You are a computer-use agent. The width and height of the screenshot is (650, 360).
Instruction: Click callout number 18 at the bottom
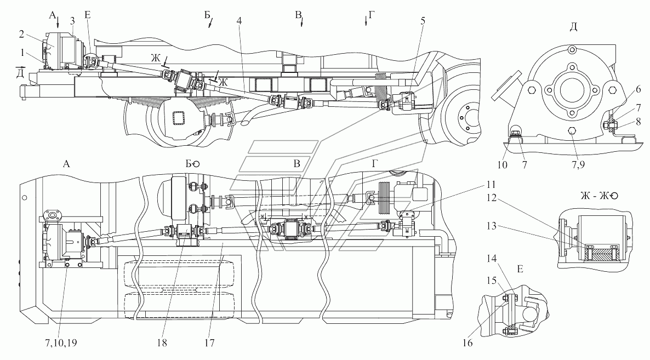point(162,343)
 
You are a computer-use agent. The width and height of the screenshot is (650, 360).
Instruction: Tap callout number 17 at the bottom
point(209,343)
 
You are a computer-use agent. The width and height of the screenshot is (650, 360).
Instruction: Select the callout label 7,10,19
point(60,343)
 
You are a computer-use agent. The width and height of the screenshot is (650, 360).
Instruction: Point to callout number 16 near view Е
point(467,343)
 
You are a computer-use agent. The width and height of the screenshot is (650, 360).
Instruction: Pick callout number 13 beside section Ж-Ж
point(491,226)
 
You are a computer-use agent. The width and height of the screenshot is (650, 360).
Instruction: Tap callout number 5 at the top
point(423,21)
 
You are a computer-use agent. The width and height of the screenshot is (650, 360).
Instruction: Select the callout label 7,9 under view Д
point(578,165)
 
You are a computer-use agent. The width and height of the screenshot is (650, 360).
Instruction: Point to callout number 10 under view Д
point(502,165)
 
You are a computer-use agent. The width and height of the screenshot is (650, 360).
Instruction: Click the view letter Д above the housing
point(573,27)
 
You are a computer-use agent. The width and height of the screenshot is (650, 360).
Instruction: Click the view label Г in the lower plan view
point(374,164)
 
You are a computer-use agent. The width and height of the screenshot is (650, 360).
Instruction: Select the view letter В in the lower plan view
point(297,164)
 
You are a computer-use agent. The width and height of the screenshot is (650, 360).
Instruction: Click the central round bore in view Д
point(572,90)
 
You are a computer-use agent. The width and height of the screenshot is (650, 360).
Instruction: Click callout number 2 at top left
point(21,35)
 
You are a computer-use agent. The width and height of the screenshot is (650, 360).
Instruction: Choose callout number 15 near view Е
point(491,281)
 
